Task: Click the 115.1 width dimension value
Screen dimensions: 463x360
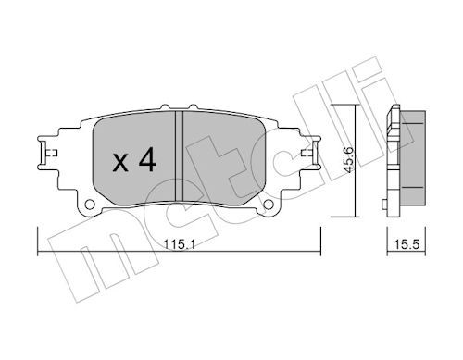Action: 179,245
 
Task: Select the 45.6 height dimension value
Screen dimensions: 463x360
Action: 349,159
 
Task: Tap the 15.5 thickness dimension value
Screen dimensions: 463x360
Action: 407,244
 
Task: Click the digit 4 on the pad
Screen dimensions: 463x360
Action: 147,159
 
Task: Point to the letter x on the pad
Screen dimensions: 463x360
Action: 120,163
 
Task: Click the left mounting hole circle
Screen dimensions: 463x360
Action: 90,204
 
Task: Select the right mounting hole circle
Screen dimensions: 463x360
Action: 269,204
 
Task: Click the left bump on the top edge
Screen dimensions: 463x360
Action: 166,106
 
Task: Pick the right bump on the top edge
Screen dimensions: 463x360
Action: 193,106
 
